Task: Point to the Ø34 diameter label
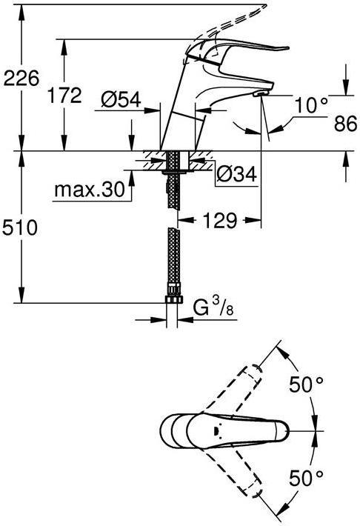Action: (x=236, y=174)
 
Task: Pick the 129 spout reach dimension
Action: (x=220, y=220)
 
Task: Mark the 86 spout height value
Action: (x=345, y=124)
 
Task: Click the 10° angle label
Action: (x=311, y=106)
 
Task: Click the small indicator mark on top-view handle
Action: (x=216, y=430)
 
